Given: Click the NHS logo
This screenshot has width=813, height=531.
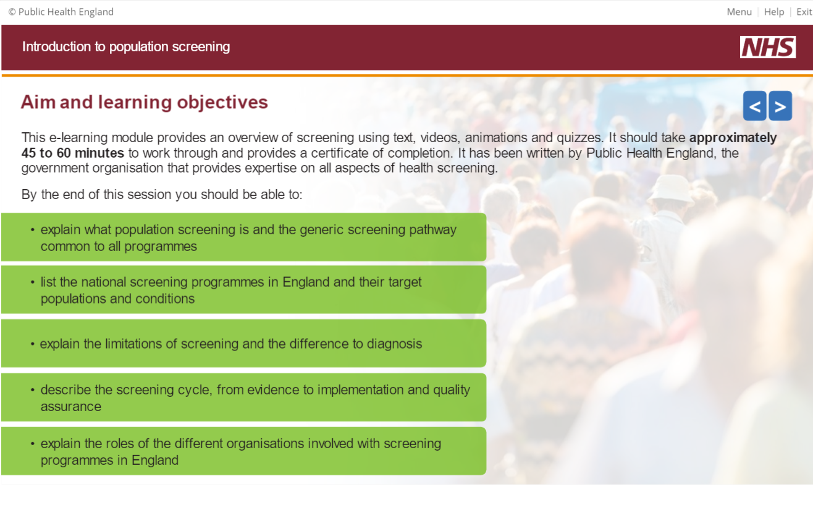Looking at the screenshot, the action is (768, 47).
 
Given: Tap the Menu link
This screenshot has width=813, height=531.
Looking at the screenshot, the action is (739, 12).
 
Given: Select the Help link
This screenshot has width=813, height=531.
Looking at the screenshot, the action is (774, 12).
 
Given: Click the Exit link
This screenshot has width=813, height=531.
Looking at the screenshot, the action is (804, 12).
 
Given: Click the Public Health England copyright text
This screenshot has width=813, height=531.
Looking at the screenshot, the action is (61, 12).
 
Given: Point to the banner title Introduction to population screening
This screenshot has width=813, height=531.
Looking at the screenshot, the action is (126, 47).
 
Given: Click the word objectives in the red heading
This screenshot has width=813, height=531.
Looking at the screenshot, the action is (222, 103).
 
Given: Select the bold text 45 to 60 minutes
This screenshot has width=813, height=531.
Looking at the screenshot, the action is (73, 153).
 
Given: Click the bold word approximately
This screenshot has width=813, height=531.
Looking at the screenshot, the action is (733, 138).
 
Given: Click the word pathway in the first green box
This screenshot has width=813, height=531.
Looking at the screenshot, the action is (432, 230).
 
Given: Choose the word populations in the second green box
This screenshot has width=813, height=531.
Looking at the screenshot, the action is (74, 299).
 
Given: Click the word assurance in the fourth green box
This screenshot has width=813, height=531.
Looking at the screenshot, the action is (71, 407).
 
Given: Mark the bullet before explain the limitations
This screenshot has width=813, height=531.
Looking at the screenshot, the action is (33, 344).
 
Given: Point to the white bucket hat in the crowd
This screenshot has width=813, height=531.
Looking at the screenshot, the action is (670, 189).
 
